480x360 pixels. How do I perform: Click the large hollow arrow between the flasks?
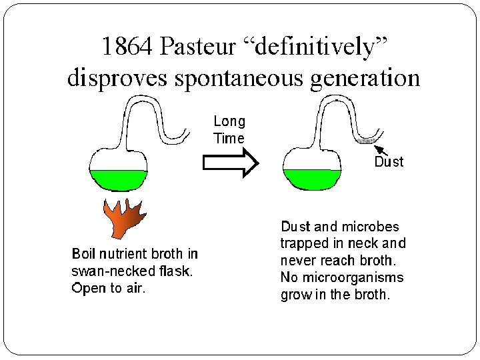230,163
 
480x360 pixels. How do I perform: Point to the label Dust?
389,161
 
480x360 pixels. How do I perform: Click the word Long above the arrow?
229,121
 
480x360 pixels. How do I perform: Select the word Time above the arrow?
229,139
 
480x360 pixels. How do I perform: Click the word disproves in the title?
115,78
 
